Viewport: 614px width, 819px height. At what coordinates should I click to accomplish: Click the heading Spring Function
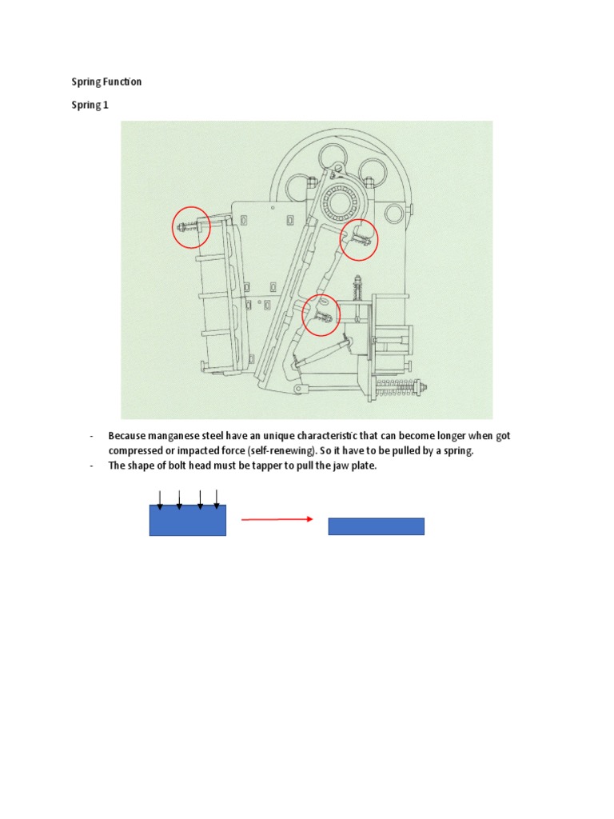107,82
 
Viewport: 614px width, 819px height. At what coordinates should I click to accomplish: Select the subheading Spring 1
90,105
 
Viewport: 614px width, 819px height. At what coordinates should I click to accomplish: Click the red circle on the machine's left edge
192,226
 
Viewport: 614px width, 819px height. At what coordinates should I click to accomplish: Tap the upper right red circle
358,239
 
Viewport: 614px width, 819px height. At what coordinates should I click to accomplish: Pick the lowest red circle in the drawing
321,314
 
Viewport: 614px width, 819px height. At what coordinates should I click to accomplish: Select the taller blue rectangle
188,520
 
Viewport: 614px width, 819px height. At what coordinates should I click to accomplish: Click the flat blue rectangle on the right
376,526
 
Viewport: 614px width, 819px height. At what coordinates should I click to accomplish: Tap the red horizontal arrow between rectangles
277,519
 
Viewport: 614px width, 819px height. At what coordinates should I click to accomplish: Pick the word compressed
134,451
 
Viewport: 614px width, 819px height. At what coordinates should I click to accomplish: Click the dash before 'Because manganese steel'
92,436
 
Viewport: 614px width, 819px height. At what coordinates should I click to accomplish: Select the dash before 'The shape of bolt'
92,466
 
